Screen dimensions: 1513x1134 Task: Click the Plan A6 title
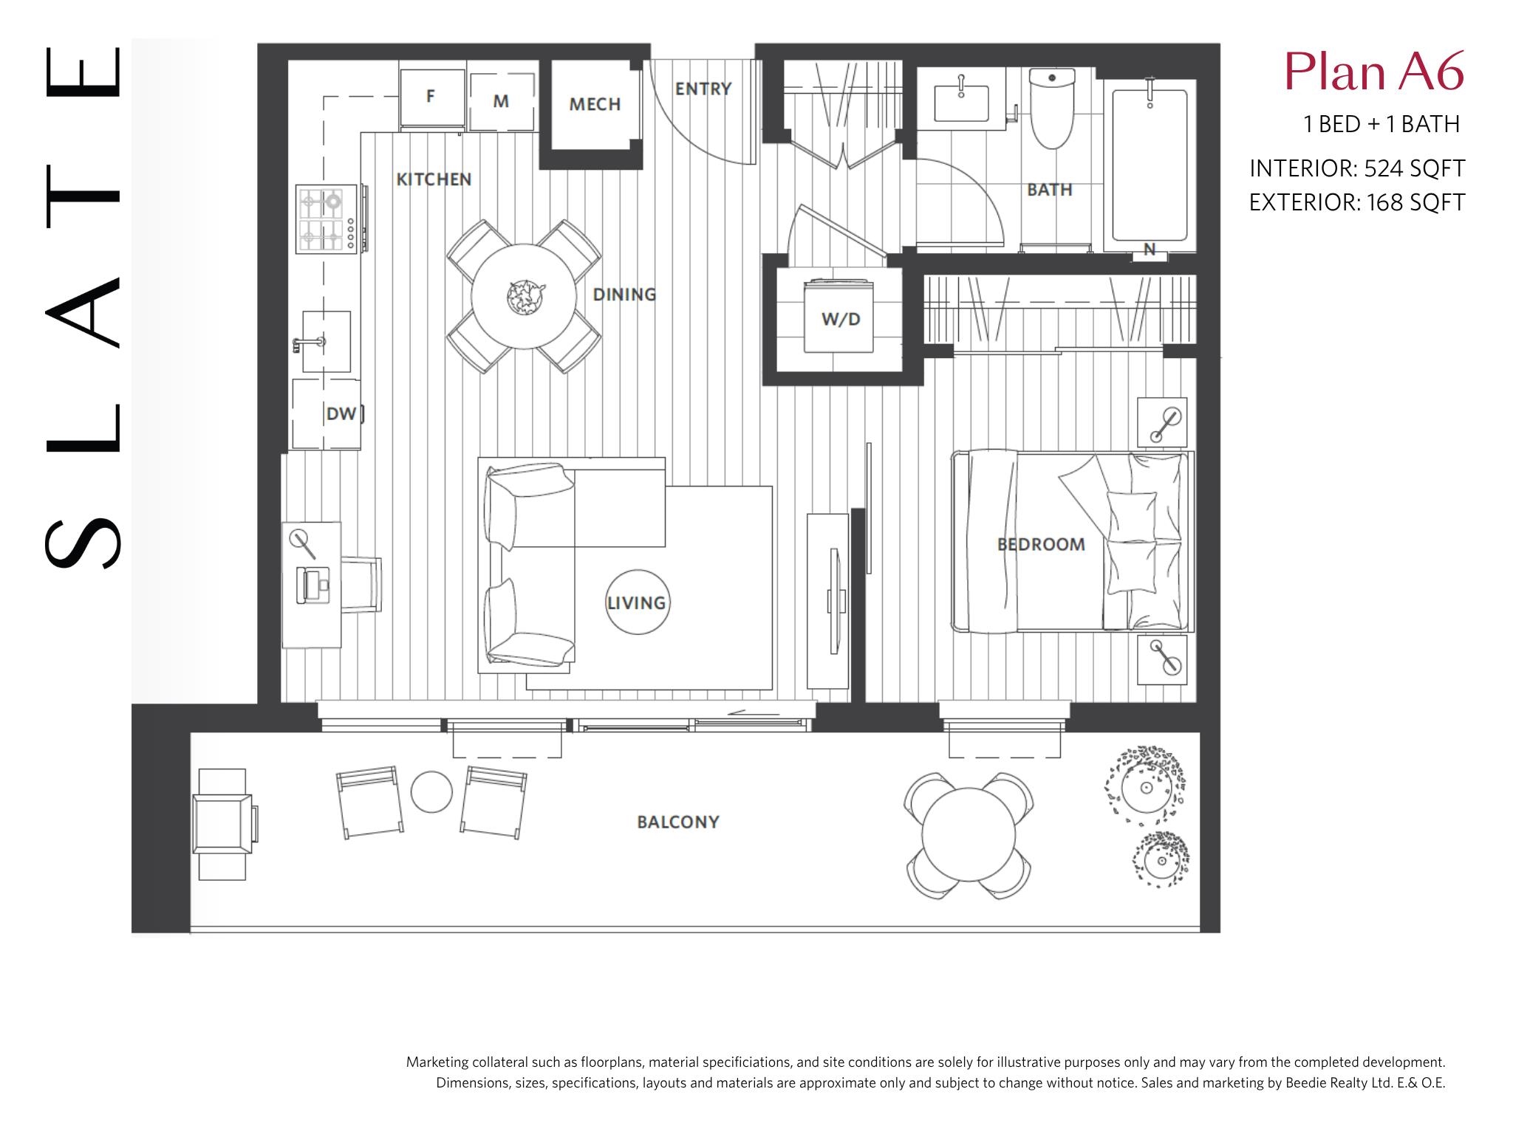pyautogui.click(x=1374, y=72)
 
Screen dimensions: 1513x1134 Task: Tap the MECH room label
pyautogui.click(x=595, y=105)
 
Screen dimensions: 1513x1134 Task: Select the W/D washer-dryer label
pyautogui.click(x=841, y=320)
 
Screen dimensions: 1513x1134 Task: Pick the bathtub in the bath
pyautogui.click(x=1150, y=165)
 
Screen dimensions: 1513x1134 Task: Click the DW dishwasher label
pyautogui.click(x=341, y=414)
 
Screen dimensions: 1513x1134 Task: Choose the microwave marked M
pyautogui.click(x=502, y=101)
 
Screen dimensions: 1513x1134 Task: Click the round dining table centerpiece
pyautogui.click(x=525, y=297)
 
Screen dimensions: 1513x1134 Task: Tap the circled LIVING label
pyautogui.click(x=637, y=602)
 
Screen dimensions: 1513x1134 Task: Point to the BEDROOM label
pyautogui.click(x=1042, y=545)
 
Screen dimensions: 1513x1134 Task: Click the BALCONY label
pyautogui.click(x=678, y=822)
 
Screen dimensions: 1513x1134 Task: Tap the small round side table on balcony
pyautogui.click(x=431, y=792)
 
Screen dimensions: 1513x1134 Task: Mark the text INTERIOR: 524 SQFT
pyautogui.click(x=1357, y=168)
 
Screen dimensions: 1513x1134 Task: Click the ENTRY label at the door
pyautogui.click(x=703, y=89)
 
